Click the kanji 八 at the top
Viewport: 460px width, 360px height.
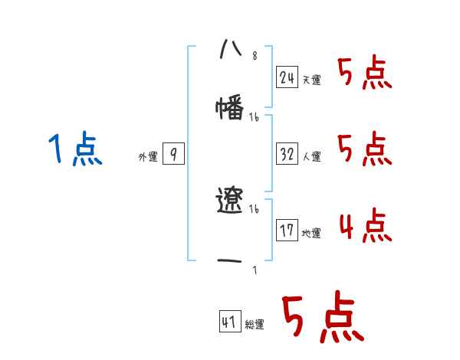tap(230, 48)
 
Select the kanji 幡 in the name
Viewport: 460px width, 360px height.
tap(230, 109)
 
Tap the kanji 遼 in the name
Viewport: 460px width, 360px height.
tap(230, 201)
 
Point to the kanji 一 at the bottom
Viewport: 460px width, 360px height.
tap(230, 261)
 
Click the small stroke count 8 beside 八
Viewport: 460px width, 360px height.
tap(255, 57)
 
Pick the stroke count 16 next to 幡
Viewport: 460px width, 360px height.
tap(255, 117)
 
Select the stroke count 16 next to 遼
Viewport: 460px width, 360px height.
tap(255, 209)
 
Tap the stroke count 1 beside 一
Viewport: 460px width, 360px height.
tap(255, 269)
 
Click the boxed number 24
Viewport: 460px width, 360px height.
tap(287, 77)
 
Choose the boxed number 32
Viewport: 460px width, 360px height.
tap(287, 154)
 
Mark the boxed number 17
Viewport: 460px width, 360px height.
tap(287, 230)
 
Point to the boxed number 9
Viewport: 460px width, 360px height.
tap(173, 154)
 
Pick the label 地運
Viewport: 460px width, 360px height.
tap(311, 233)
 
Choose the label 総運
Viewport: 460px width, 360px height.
tap(255, 325)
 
